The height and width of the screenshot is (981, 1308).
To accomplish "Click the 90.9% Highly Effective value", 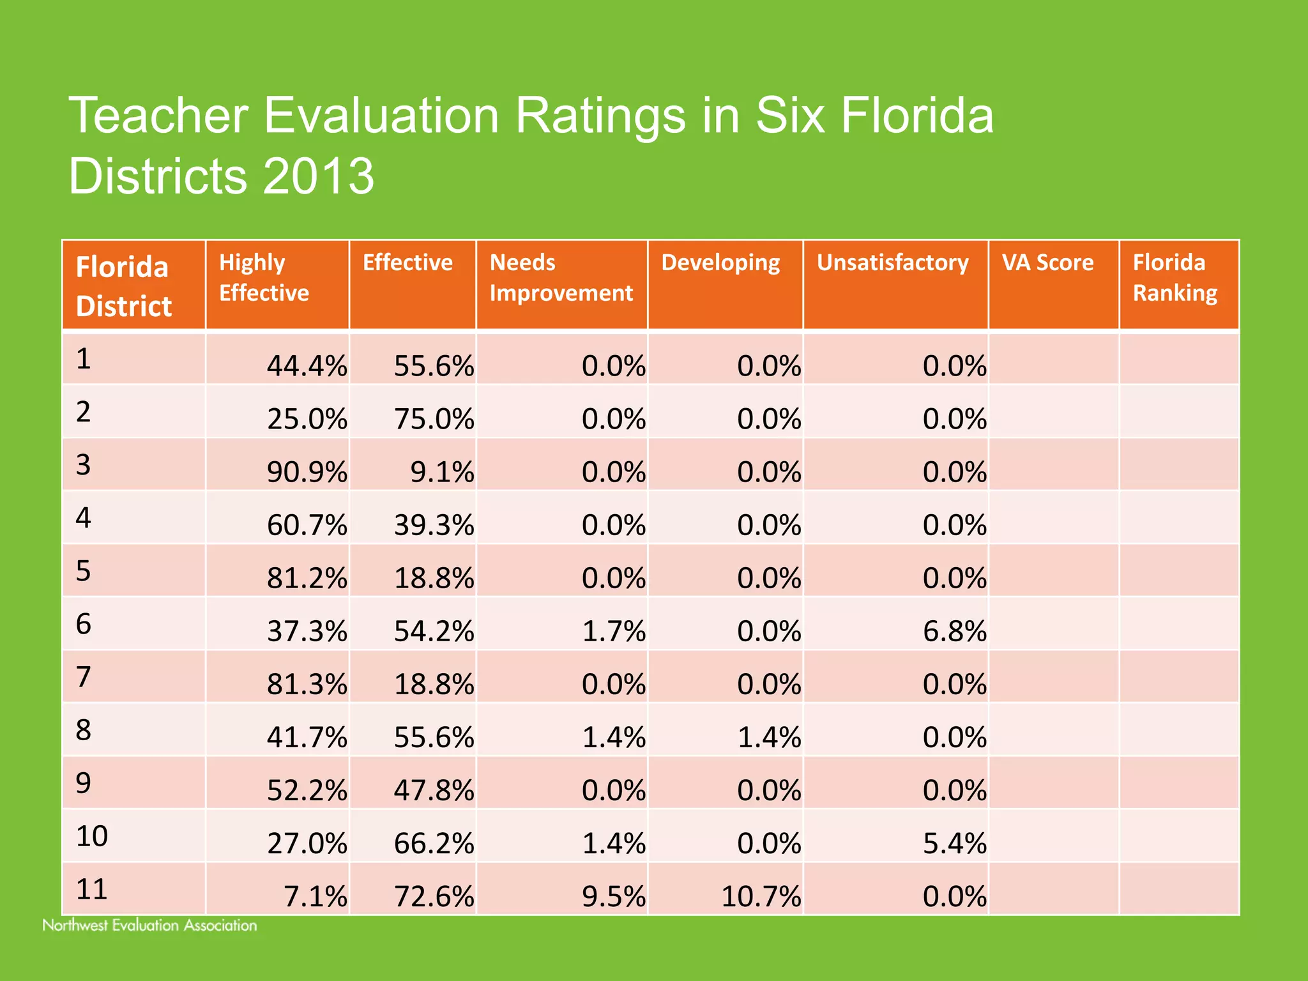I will coord(307,473).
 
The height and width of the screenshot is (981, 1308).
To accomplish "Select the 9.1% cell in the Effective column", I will coord(442,473).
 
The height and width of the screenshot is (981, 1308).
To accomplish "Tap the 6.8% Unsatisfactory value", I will coord(954,632).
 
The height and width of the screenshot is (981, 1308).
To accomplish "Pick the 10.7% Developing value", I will coord(761,897).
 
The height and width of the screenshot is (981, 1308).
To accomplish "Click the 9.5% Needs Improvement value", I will coord(613,897).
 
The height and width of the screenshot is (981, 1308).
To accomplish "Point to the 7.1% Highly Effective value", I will coord(315,897).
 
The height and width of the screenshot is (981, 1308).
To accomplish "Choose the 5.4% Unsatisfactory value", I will coord(954,844).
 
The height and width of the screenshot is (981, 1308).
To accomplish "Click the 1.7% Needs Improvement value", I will coord(613,632).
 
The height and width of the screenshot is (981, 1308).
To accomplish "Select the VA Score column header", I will coord(1047,262).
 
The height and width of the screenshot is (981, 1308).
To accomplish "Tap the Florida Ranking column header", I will coord(1175,278).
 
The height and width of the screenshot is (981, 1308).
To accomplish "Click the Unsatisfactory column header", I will coord(892,262).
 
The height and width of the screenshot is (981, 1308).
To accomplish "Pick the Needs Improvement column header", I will coord(560,278).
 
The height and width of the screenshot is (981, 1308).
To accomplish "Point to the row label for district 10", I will coord(92,836).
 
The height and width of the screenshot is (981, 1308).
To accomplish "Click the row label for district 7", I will coord(84,677).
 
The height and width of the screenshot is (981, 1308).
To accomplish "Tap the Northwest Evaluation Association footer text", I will coord(149,925).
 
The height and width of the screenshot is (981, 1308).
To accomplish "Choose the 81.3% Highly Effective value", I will coord(307,685).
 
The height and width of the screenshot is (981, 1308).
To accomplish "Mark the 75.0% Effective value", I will coord(434,420).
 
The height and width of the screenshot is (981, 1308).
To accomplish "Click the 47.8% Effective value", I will coord(434,791).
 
